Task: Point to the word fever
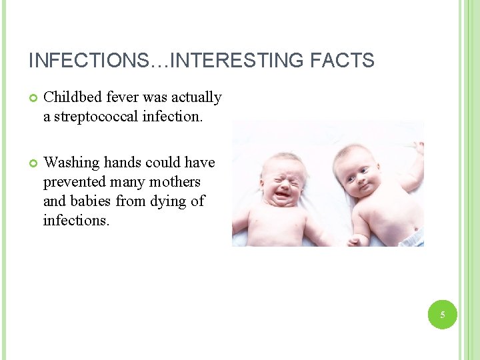coord(121,97)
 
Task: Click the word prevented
coord(71,182)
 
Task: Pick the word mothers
coord(175,182)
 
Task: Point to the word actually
coord(195,97)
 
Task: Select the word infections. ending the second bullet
coord(76,220)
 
